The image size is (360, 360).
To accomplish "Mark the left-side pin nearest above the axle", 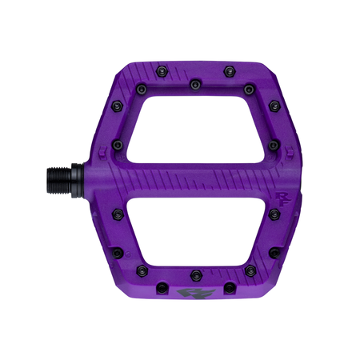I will coord(117,145).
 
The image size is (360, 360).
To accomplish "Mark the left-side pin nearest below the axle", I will coord(117,212).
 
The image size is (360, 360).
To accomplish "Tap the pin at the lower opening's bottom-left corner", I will coord(142,269).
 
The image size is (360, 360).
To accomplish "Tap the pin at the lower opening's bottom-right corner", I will coord(249,269).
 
